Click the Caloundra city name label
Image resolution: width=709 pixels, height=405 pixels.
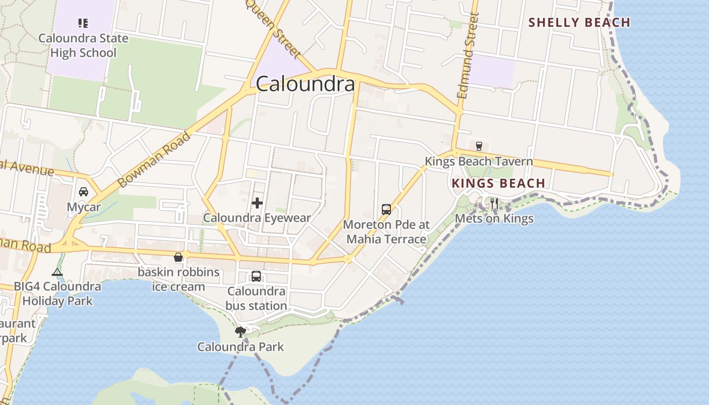(305, 84)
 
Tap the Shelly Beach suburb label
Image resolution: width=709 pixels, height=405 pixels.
(579, 23)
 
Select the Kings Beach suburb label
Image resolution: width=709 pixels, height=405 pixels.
(498, 183)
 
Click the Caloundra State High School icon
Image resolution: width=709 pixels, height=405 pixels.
(83, 23)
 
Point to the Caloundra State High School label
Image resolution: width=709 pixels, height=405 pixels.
(83, 46)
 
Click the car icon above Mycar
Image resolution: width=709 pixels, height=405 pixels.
(84, 192)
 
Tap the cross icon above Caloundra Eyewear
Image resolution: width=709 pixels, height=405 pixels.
(257, 204)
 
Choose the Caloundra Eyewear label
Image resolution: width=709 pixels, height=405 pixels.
(257, 218)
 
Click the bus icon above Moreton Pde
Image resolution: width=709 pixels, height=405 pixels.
(386, 209)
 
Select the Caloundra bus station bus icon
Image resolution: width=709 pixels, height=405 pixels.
(256, 276)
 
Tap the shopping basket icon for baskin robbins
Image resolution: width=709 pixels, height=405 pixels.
(178, 257)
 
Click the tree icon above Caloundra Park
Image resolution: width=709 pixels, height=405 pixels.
(241, 332)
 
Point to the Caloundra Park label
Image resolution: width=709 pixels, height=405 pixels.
(241, 347)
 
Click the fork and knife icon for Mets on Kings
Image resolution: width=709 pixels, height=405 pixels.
(494, 204)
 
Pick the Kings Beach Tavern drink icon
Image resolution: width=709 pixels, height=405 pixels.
(479, 146)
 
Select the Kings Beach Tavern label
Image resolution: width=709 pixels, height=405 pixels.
(479, 161)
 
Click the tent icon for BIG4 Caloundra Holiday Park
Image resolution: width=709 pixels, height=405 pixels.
(57, 272)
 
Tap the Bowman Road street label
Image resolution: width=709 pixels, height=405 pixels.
(153, 159)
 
